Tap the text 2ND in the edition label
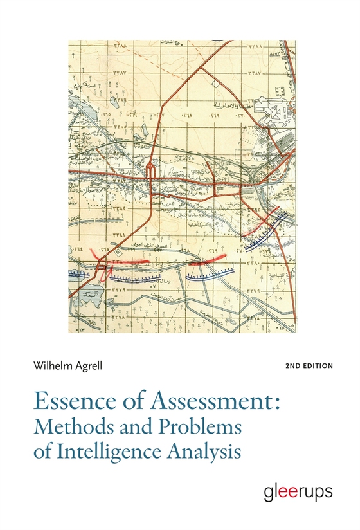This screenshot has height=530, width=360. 294,366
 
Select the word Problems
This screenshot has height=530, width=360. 194,427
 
